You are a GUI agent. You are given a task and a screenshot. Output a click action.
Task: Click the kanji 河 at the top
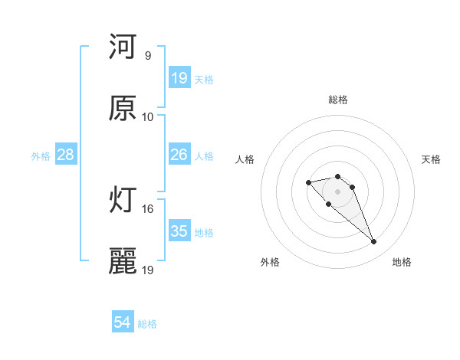coord(123,47)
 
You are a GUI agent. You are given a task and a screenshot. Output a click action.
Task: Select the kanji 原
coord(123,109)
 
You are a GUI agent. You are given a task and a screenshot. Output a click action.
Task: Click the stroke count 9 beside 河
coord(147,55)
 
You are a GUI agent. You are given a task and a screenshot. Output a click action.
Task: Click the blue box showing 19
coord(179,78)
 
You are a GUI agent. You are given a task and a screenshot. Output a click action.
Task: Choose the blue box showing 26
coord(179,155)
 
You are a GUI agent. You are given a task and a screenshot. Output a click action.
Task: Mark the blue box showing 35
coord(179,231)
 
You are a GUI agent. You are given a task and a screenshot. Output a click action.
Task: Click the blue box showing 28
coord(66,155)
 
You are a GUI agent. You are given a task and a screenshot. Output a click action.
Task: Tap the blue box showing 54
coord(123,323)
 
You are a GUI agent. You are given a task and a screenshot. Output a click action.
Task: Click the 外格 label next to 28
coord(41,156)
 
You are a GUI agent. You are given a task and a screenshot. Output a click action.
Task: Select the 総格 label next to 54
coord(147,325)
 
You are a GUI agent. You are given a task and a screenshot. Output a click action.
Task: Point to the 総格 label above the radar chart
coord(338,100)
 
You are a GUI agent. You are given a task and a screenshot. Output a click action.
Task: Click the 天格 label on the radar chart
coord(431,159)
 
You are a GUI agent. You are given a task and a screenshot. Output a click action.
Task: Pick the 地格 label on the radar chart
coord(402,262)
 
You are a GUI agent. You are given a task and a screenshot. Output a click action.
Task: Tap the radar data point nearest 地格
coord(373,242)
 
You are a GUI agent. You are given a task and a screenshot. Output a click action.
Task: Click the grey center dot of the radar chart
coord(338,191)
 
